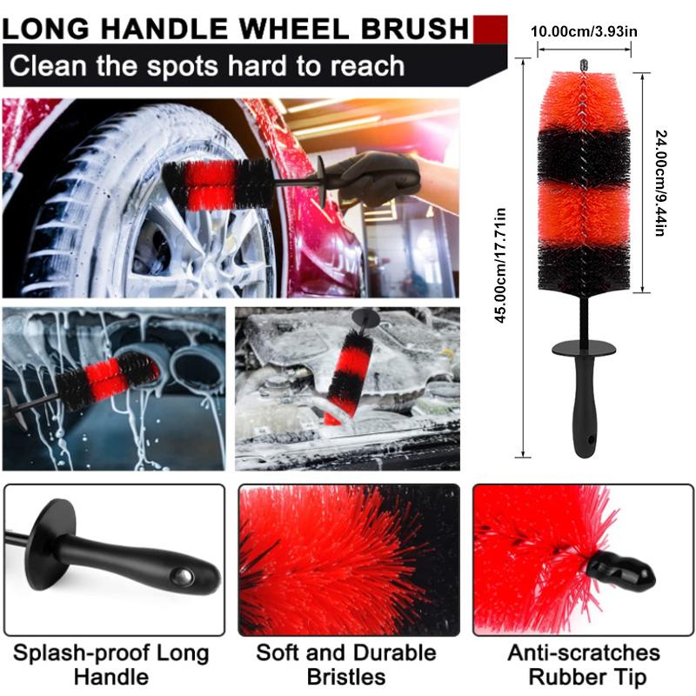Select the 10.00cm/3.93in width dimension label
click(x=585, y=31)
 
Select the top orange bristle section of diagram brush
click(x=585, y=104)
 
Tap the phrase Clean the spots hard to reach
click(x=207, y=65)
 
